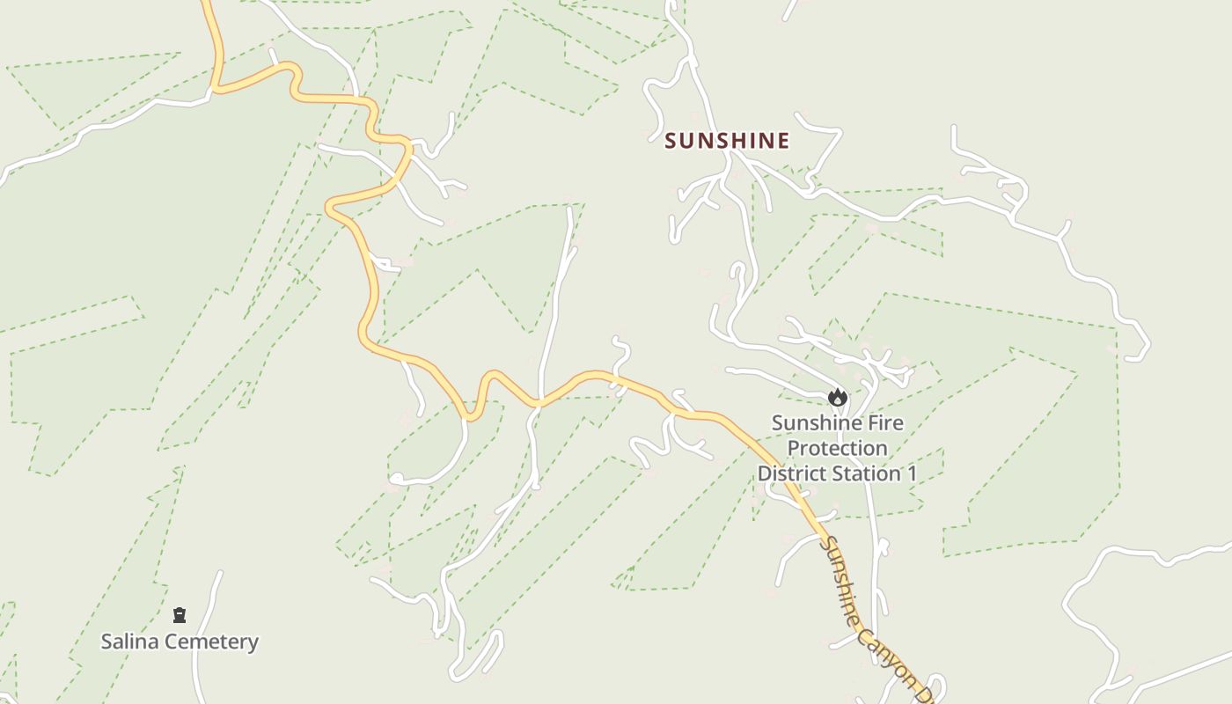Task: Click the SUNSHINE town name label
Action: [x=727, y=141]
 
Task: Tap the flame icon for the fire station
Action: [x=838, y=398]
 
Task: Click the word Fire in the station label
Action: [x=883, y=423]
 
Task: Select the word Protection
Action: [x=837, y=448]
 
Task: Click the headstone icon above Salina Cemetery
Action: [x=180, y=615]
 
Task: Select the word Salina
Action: [x=129, y=642]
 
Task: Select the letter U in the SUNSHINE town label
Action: [x=689, y=141]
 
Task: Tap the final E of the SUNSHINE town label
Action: [x=782, y=141]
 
